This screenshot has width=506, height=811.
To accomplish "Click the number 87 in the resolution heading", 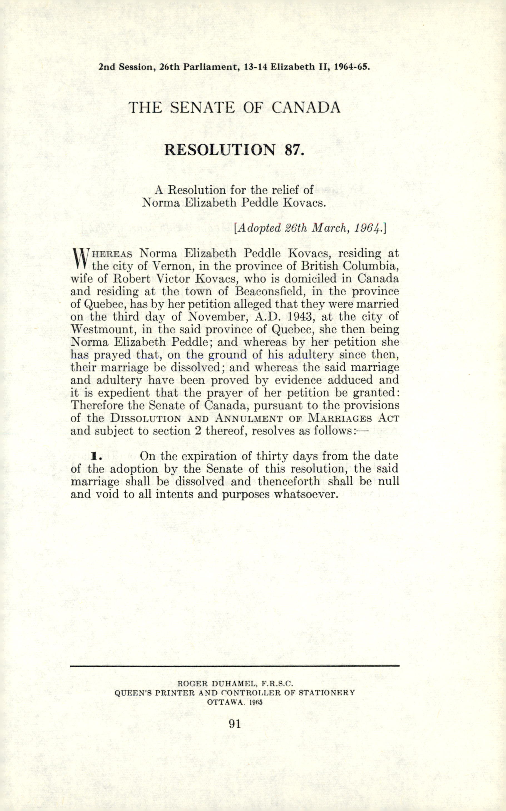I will [x=294, y=149].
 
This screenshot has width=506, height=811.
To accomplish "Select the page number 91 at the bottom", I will [x=235, y=724].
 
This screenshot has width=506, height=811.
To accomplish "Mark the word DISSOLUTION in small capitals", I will [x=146, y=418].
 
